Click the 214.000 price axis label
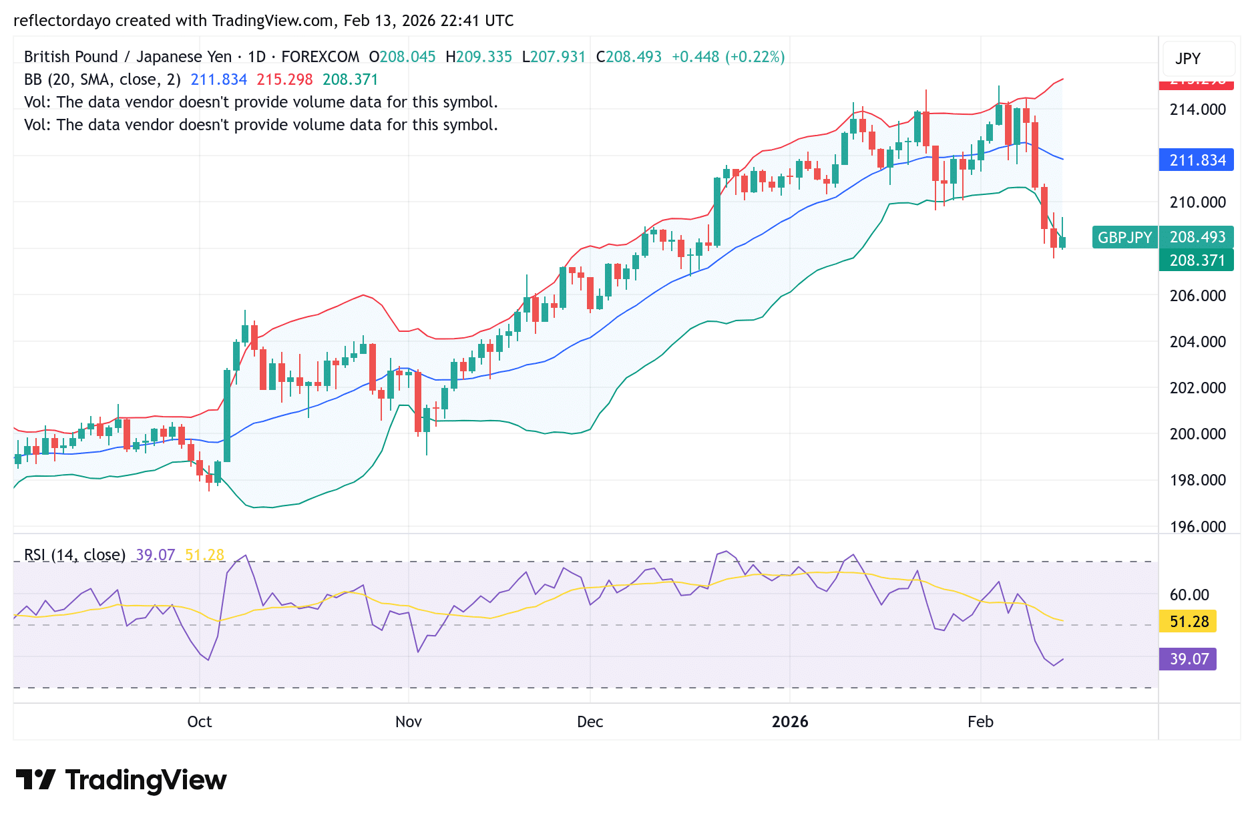tap(1197, 110)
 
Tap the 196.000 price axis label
tap(1197, 526)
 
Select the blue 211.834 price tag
tap(1196, 160)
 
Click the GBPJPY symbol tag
tap(1124, 237)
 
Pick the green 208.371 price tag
tap(1196, 260)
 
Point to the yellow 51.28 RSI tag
tap(1188, 622)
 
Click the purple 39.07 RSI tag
tap(1188, 659)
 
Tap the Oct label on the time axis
tap(199, 722)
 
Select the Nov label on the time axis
tap(408, 722)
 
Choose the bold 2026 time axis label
tap(789, 722)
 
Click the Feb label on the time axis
tap(980, 722)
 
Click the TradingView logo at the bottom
tap(121, 780)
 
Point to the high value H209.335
tap(479, 57)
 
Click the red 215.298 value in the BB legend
tap(284, 79)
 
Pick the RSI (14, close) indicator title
tap(75, 555)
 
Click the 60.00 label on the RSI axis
tap(1189, 594)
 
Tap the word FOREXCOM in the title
tap(320, 57)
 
